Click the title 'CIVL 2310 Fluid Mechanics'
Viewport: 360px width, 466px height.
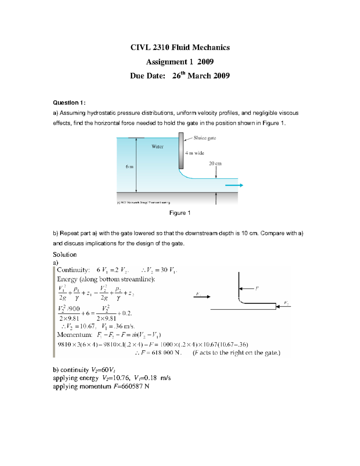(180, 47)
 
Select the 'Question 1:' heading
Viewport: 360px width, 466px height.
(69, 103)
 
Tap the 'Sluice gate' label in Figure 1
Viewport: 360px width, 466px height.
(205, 138)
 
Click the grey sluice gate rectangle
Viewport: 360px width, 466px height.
(181, 151)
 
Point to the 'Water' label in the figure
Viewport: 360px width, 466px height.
(157, 146)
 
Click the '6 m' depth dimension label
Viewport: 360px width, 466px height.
(130, 167)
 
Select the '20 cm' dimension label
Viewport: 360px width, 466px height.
(215, 164)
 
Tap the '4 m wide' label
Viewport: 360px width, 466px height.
(194, 153)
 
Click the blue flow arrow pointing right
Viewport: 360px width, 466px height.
(234, 185)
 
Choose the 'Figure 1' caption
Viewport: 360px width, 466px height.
(180, 213)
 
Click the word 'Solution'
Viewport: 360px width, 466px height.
(65, 254)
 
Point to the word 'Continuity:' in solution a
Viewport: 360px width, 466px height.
(73, 270)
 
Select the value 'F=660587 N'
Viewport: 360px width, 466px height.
(131, 386)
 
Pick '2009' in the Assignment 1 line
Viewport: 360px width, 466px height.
(205, 62)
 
